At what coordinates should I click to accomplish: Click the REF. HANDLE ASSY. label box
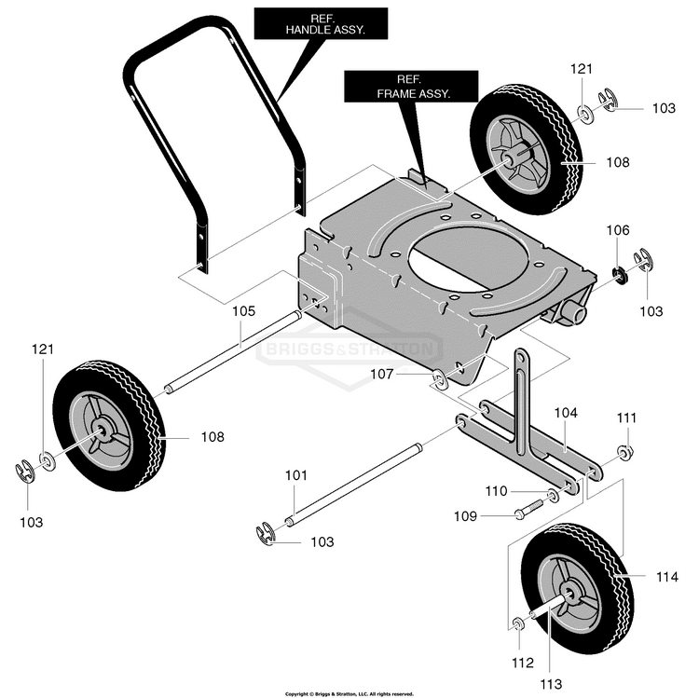[321, 24]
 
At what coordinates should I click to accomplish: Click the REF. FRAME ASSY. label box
[411, 87]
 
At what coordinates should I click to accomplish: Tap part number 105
[244, 310]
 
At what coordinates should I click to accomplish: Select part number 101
[296, 475]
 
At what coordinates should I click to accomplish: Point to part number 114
[667, 577]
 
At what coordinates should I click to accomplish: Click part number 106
[618, 230]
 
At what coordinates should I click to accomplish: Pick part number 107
[382, 374]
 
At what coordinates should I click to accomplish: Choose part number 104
[566, 413]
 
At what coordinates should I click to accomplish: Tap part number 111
[626, 418]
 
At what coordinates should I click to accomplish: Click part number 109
[465, 516]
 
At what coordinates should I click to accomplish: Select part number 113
[551, 683]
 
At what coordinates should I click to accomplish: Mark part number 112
[523, 663]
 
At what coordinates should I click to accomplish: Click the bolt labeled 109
[528, 509]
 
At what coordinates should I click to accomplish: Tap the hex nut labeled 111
[624, 452]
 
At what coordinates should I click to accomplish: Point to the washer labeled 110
[554, 495]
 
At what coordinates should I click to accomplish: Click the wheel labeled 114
[578, 589]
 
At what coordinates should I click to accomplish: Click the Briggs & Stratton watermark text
[349, 349]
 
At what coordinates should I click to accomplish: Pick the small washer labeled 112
[518, 624]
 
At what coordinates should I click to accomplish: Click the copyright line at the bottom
[349, 694]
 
